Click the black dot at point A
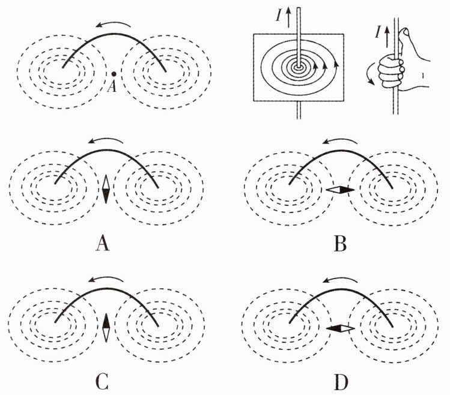[x=114, y=74]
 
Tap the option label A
[x=103, y=245]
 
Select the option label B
[x=341, y=245]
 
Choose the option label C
[x=102, y=382]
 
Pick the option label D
[x=341, y=382]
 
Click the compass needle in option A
[x=106, y=189]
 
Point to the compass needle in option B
[x=341, y=190]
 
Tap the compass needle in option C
[x=106, y=328]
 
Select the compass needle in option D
[x=341, y=329]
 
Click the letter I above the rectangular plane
[x=279, y=16]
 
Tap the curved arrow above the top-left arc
[x=114, y=24]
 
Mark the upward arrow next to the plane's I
[x=289, y=17]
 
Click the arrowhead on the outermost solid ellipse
[x=335, y=63]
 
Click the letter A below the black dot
[x=112, y=86]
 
